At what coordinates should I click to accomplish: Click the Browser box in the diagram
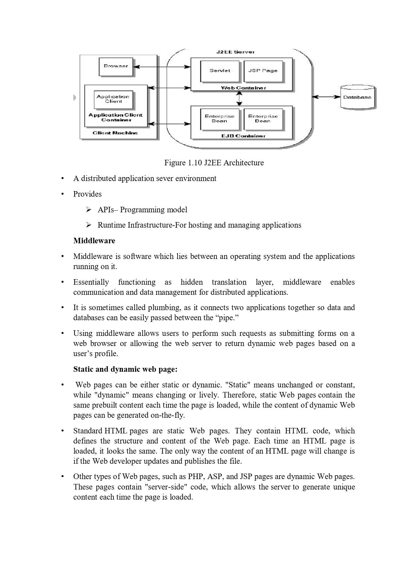click(116, 66)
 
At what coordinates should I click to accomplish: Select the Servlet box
click(220, 71)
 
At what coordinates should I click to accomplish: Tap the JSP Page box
click(263, 71)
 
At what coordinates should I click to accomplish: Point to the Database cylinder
click(357, 97)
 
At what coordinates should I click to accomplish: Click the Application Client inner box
click(113, 99)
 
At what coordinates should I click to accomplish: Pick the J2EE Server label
click(235, 52)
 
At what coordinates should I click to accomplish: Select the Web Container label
click(243, 88)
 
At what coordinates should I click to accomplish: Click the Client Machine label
click(115, 133)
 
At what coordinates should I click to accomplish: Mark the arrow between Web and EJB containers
click(239, 98)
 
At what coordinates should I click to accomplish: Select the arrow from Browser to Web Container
click(162, 67)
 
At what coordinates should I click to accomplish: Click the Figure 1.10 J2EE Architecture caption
click(214, 163)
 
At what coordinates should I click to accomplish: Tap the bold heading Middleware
click(94, 241)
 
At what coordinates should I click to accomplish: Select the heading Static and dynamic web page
click(125, 369)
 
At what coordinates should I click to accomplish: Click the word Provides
click(87, 194)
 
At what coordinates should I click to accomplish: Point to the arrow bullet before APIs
click(88, 210)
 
